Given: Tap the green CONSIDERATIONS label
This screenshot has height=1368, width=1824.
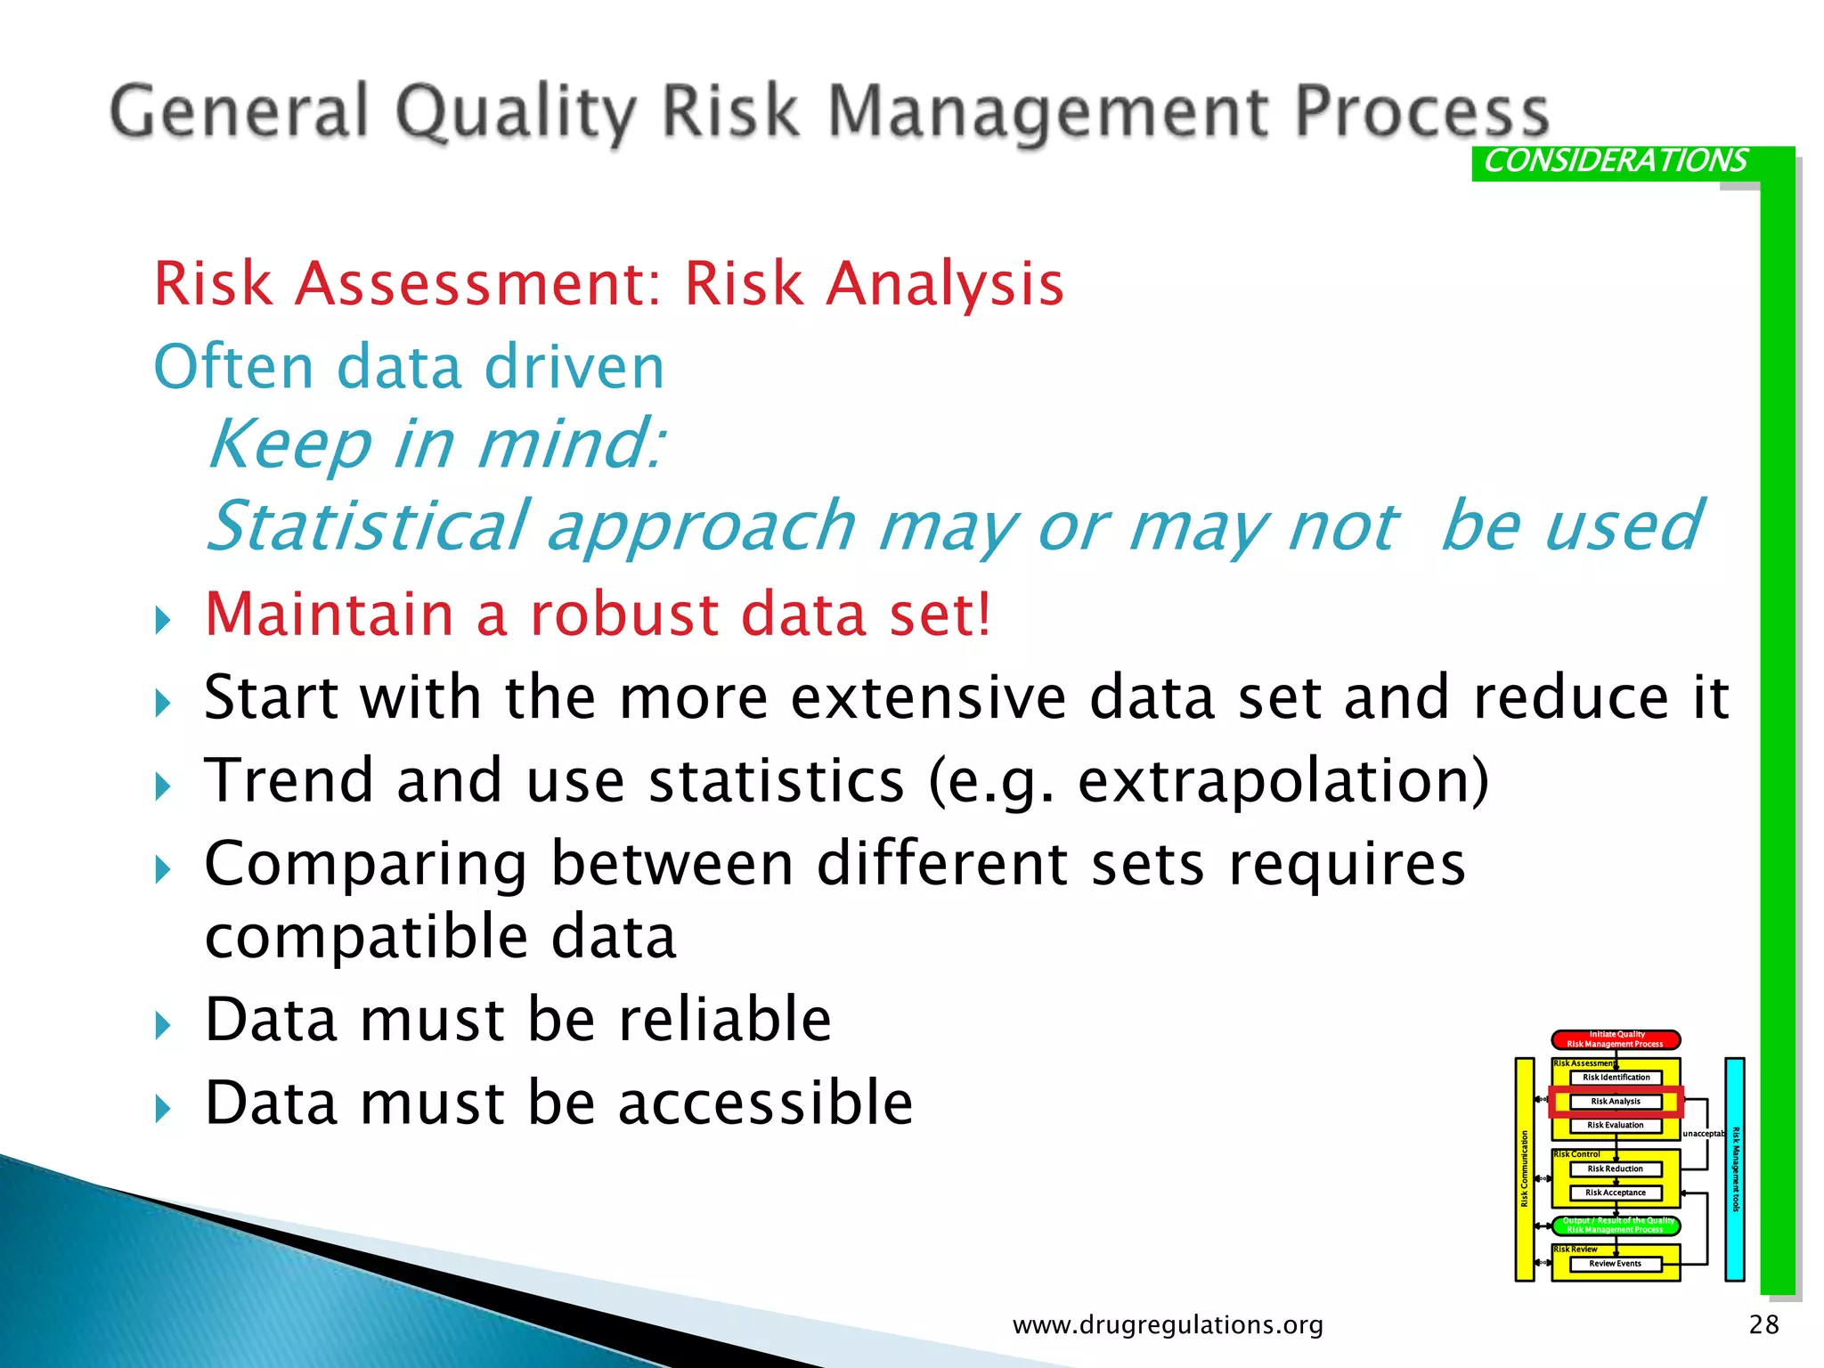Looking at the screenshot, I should [x=1615, y=161].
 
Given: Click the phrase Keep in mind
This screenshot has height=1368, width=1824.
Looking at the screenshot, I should [x=436, y=444].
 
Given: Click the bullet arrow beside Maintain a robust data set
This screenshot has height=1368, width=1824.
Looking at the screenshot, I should [x=163, y=619].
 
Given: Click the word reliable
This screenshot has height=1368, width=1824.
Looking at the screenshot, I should [x=724, y=1020].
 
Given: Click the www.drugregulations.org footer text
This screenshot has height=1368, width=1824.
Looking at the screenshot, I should [x=1168, y=1325].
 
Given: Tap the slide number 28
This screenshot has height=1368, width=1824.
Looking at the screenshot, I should [x=1763, y=1325].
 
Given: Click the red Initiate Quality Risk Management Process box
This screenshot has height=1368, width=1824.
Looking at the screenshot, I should [x=1615, y=1039].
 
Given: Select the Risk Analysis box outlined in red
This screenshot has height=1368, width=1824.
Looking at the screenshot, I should [x=1615, y=1102].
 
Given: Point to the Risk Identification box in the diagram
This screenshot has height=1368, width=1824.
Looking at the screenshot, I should [x=1615, y=1078].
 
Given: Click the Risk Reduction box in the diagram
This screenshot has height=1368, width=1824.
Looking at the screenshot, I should [x=1615, y=1169].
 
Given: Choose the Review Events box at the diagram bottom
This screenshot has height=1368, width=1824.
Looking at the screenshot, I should [x=1615, y=1264].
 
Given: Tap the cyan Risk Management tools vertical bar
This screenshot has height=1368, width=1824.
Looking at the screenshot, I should [x=1734, y=1169].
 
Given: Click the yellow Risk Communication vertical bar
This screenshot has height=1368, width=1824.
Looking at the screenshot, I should [x=1525, y=1169].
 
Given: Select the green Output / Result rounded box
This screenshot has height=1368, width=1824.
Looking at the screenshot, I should [x=1615, y=1225].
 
